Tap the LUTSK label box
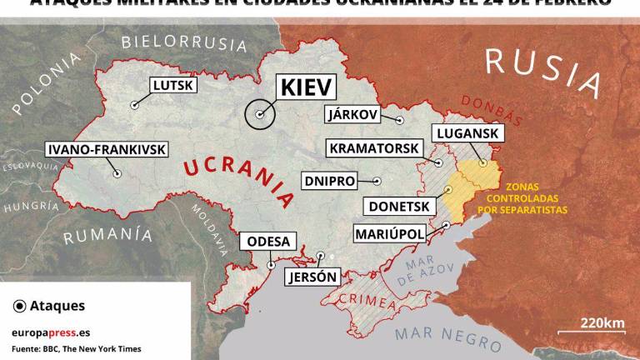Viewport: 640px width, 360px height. pyautogui.click(x=173, y=84)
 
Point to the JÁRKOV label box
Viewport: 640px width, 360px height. pyautogui.click(x=352, y=114)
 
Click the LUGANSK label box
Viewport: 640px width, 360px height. pyautogui.click(x=466, y=133)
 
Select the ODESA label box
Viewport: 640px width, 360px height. pyautogui.click(x=268, y=242)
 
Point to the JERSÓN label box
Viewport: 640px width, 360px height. pyautogui.click(x=312, y=277)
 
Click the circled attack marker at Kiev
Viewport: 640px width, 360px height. pyautogui.click(x=261, y=115)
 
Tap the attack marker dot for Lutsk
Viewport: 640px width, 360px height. pyautogui.click(x=133, y=106)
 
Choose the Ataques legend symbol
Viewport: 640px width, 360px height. pyautogui.click(x=18, y=306)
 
